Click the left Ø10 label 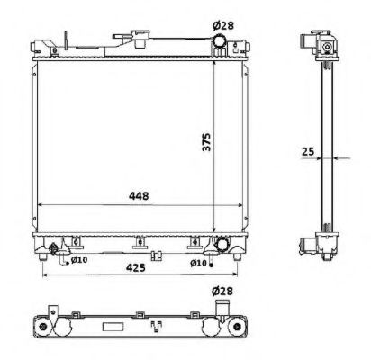(x=78, y=261)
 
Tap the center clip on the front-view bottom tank (x=140, y=241)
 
